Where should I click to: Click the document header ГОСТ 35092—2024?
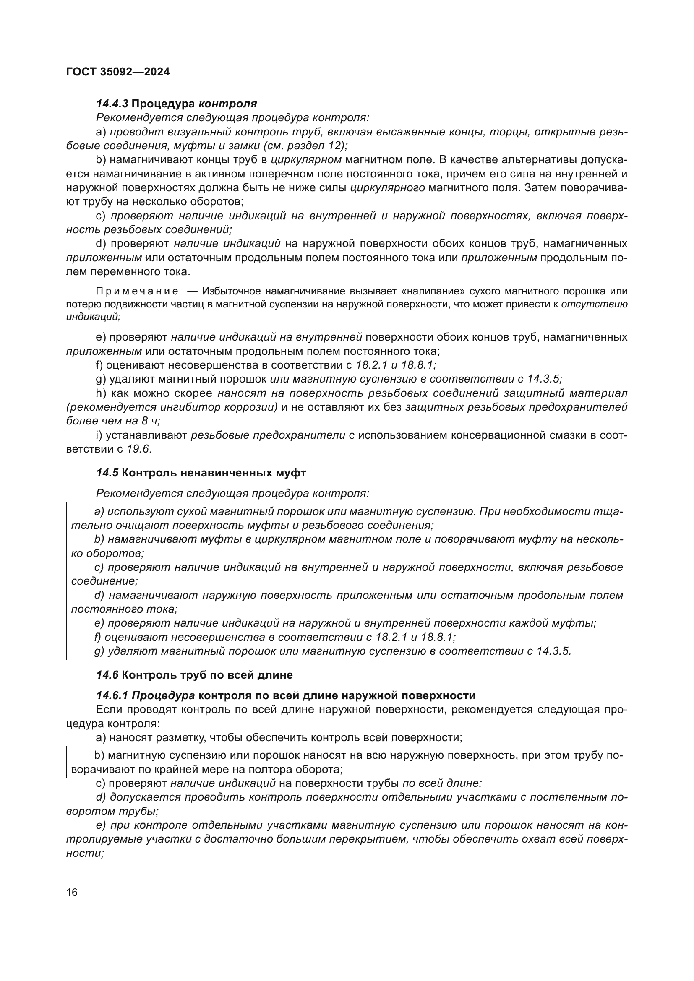[118, 72]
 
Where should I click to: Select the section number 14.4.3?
[112, 104]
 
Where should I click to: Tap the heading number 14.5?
[107, 473]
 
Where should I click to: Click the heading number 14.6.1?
[112, 695]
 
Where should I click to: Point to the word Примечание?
[137, 291]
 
